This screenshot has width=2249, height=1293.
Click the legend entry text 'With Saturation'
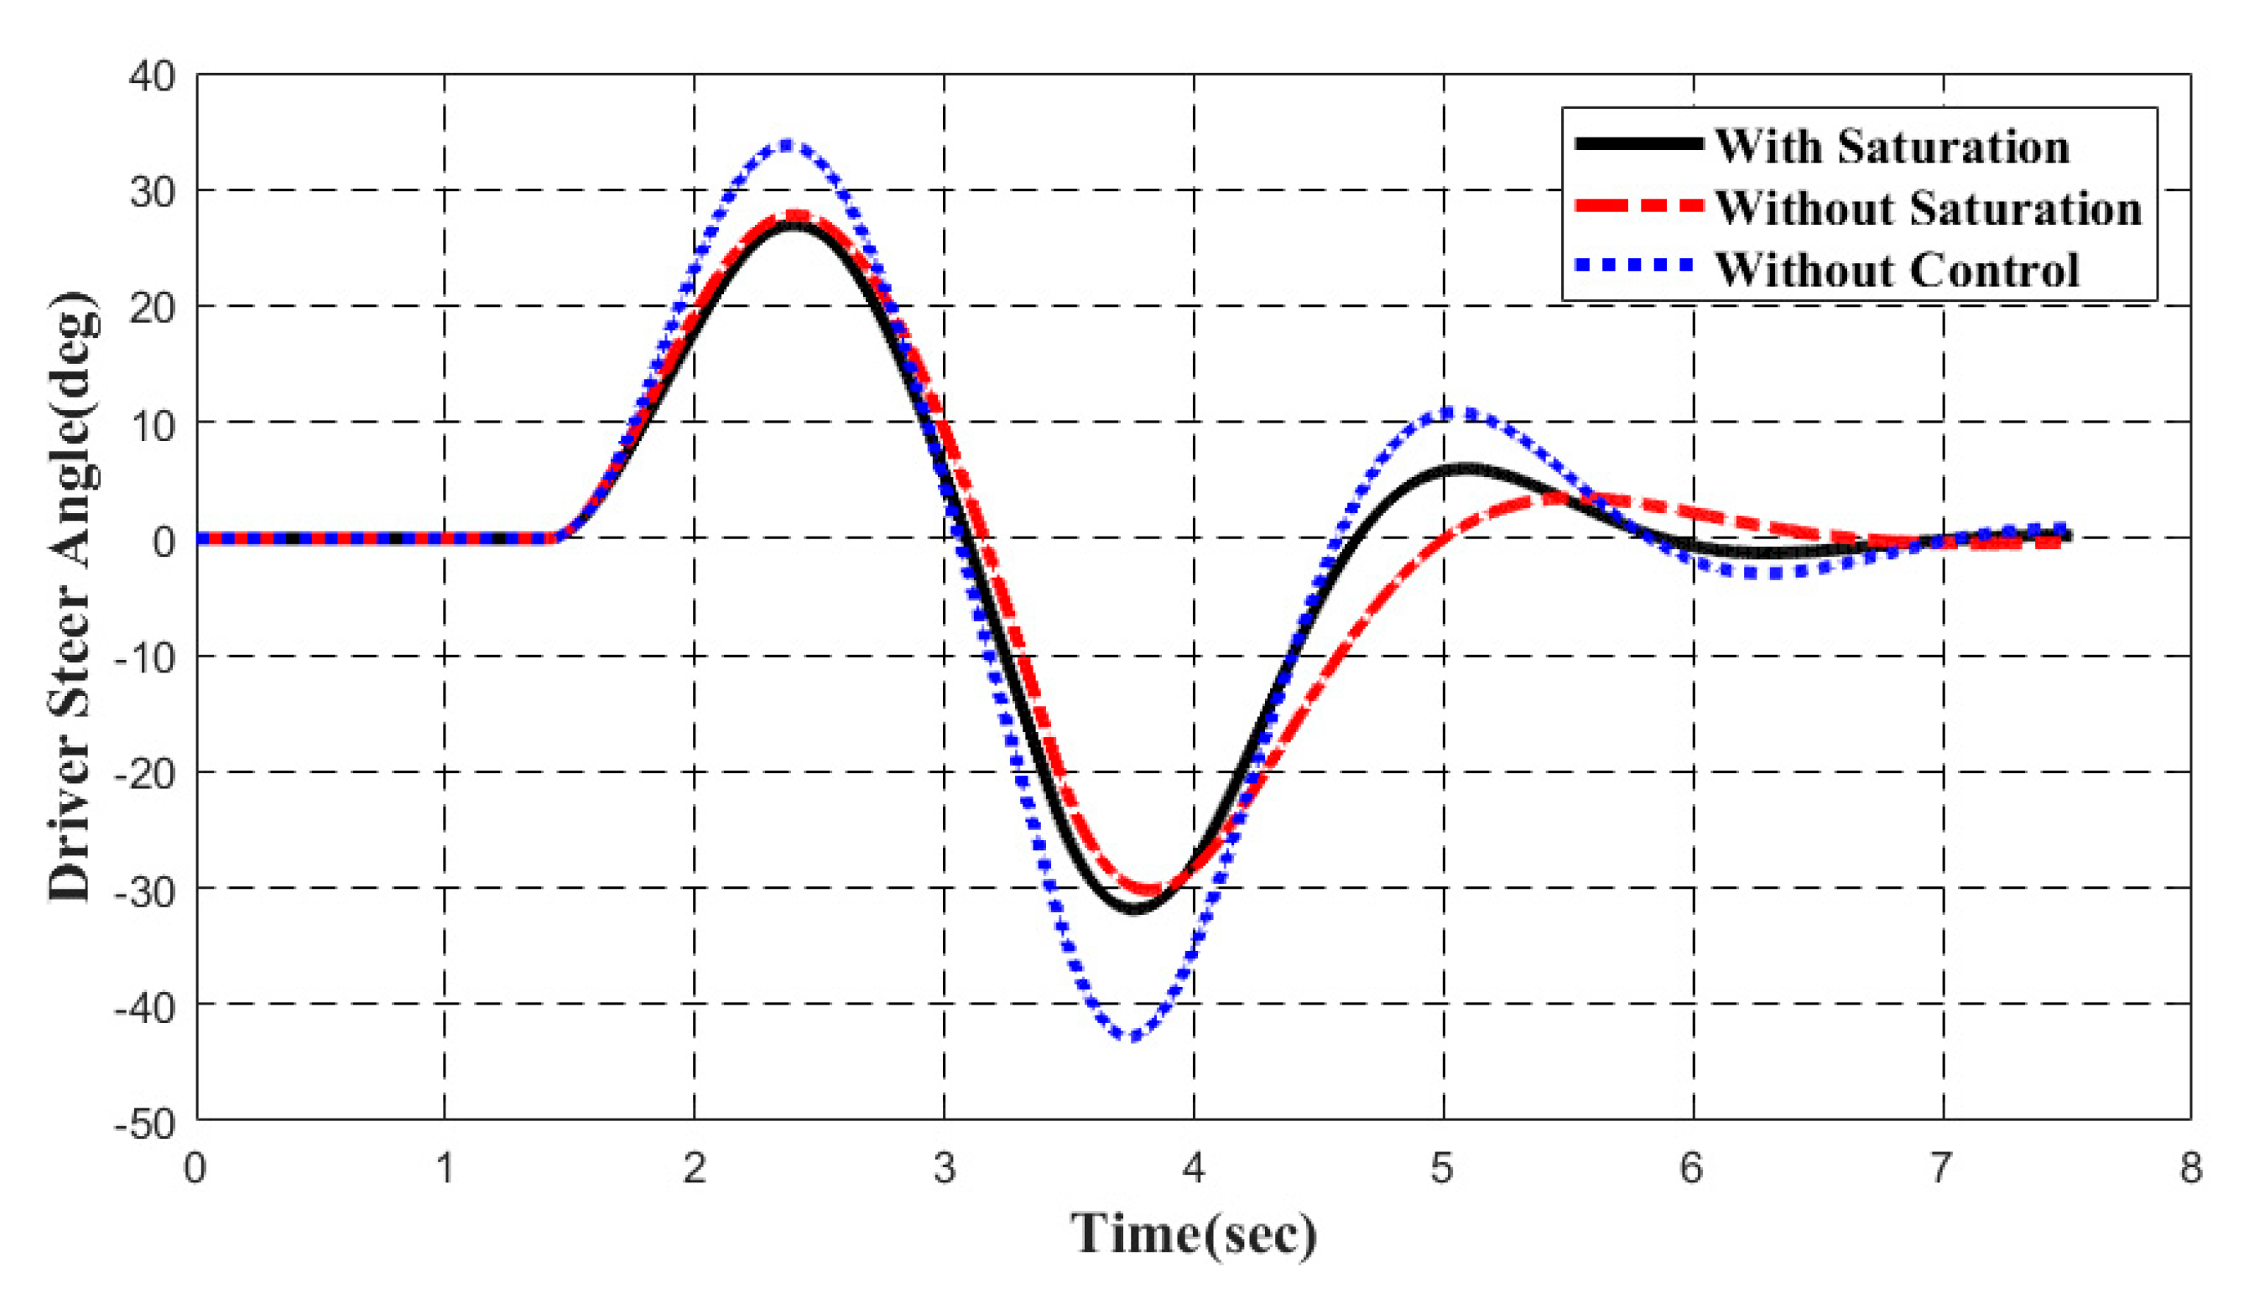click(x=1891, y=147)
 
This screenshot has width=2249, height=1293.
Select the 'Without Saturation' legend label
click(x=1928, y=209)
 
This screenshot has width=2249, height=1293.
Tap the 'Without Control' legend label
click(x=1897, y=270)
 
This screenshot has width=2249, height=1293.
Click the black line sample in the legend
click(x=1639, y=144)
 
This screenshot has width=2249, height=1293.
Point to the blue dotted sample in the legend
click(x=1639, y=265)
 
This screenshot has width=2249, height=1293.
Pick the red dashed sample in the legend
click(x=1639, y=206)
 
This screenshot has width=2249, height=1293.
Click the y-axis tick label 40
click(x=152, y=76)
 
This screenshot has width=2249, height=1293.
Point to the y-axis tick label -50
click(x=146, y=1124)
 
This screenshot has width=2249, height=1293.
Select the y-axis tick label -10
click(x=146, y=657)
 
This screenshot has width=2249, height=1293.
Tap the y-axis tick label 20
click(x=152, y=307)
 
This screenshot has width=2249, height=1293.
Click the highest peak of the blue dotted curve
click(x=786, y=144)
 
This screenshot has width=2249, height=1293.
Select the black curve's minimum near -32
click(x=1136, y=908)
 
